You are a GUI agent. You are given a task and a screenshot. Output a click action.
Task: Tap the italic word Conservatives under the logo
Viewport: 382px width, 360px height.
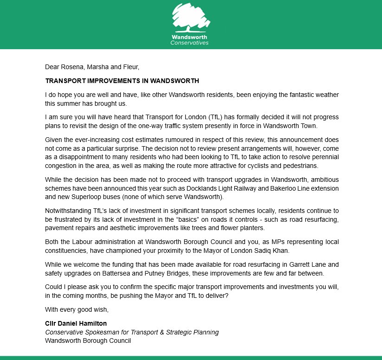pos(189,43)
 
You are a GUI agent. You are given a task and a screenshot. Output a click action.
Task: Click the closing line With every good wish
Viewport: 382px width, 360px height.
pos(77,309)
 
